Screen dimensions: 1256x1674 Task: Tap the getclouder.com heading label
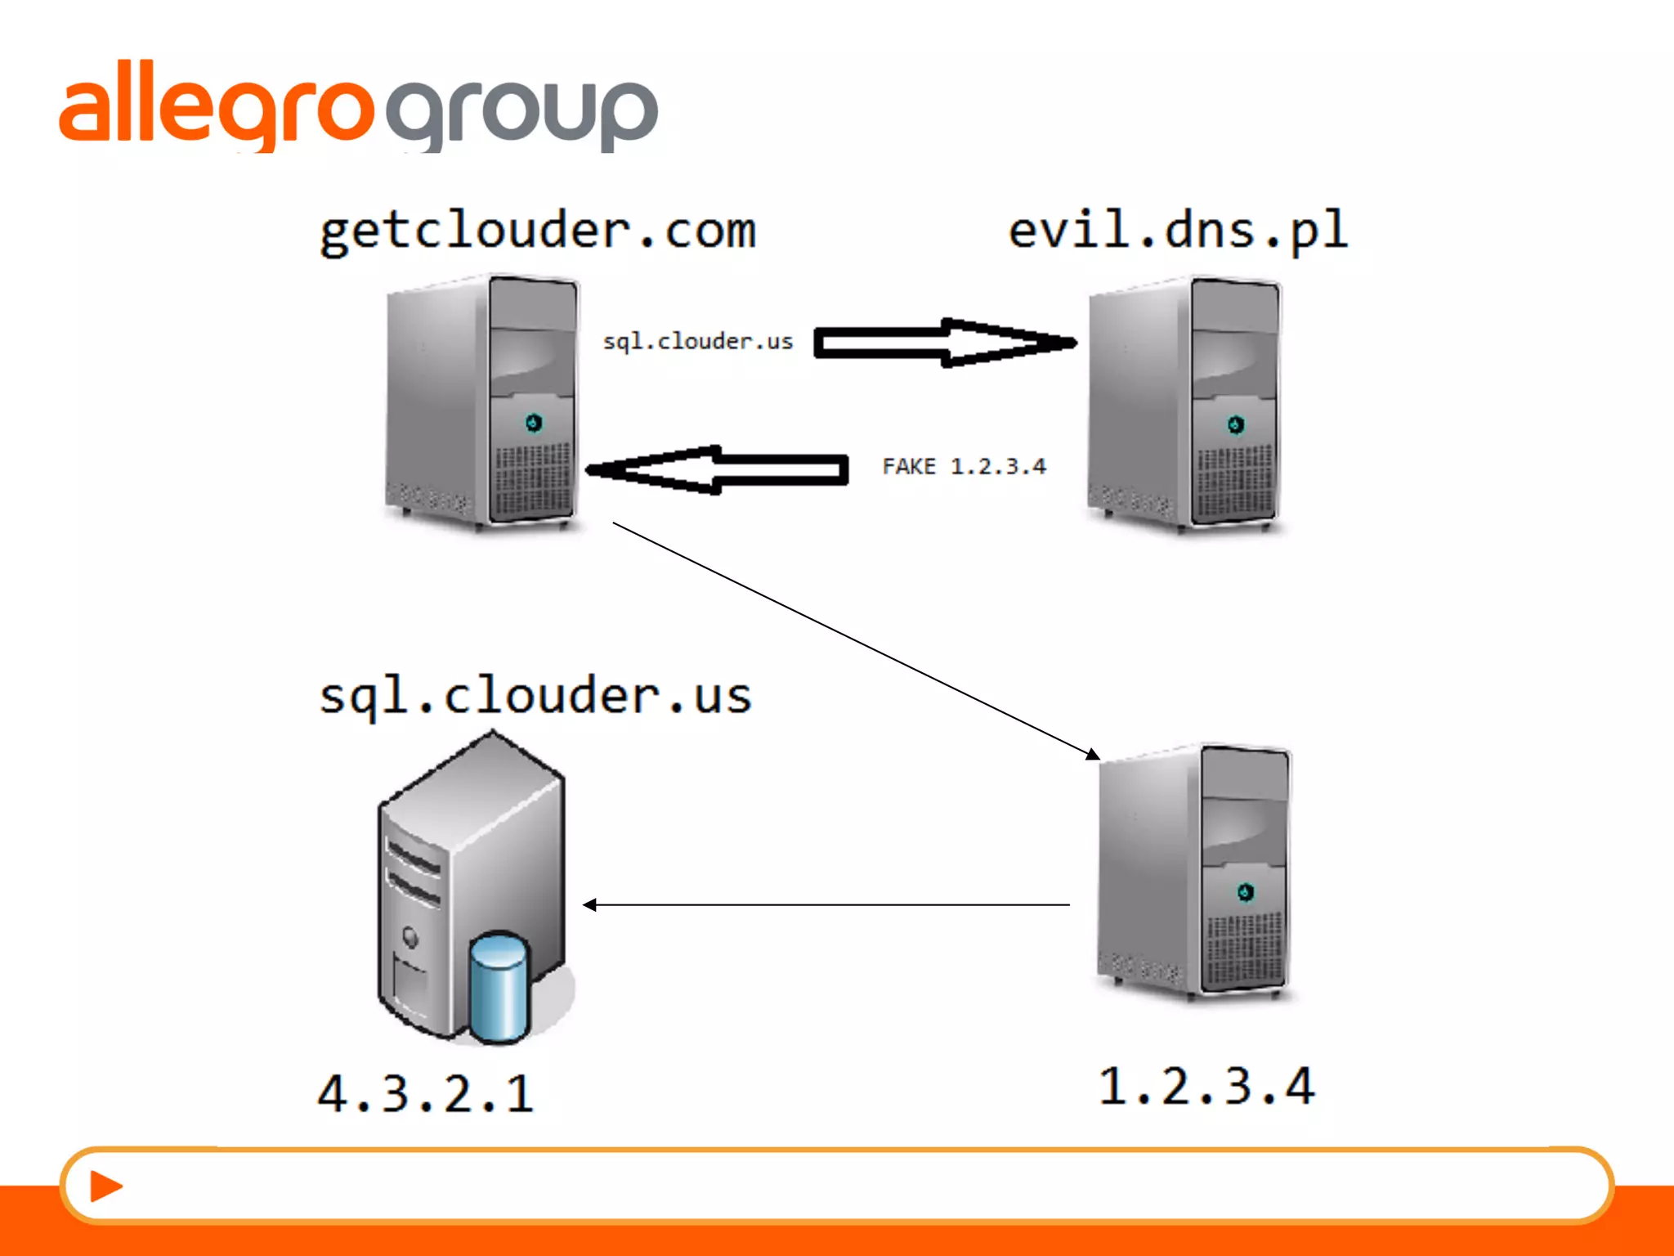click(x=538, y=231)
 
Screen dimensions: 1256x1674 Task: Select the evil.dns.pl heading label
click(x=1177, y=231)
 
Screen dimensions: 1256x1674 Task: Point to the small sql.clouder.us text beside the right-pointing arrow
click(x=698, y=341)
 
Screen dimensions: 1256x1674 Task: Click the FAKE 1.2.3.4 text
click(x=964, y=466)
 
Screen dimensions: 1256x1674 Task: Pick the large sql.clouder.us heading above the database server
click(x=535, y=696)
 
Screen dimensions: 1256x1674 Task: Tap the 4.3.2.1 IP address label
click(x=425, y=1093)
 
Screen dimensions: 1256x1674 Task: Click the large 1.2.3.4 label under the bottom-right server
click(x=1206, y=1087)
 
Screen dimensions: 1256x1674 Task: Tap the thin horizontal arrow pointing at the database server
click(x=826, y=904)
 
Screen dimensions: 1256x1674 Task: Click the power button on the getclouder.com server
click(x=534, y=423)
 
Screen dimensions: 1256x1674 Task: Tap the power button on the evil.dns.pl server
click(x=1235, y=424)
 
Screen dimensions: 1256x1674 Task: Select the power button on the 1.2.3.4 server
click(x=1245, y=891)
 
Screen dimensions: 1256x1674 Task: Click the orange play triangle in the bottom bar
click(x=105, y=1186)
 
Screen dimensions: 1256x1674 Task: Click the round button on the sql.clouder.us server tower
click(x=410, y=937)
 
